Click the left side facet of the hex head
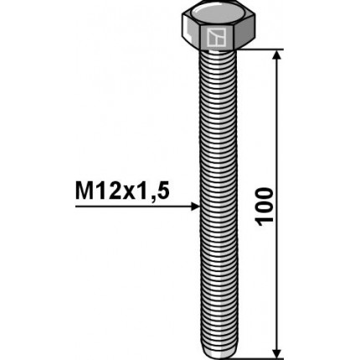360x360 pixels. click(188, 35)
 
